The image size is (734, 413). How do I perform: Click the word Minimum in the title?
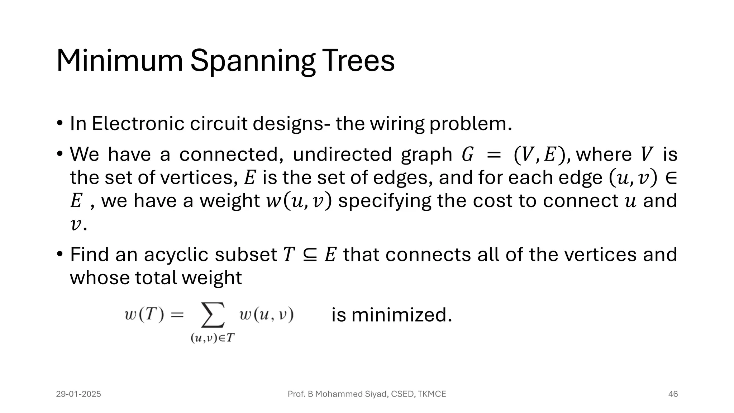tap(120, 61)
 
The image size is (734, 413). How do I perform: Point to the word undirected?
tap(342, 155)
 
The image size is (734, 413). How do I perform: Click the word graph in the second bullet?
tap(426, 155)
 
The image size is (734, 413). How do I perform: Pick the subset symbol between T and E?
tap(310, 255)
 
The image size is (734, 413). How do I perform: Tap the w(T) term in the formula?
tap(144, 315)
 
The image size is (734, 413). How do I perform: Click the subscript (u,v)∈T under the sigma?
tap(213, 338)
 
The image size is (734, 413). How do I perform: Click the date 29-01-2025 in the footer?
tap(78, 394)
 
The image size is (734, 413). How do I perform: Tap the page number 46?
tap(673, 394)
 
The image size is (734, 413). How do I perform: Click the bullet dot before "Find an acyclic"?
tap(60, 255)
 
